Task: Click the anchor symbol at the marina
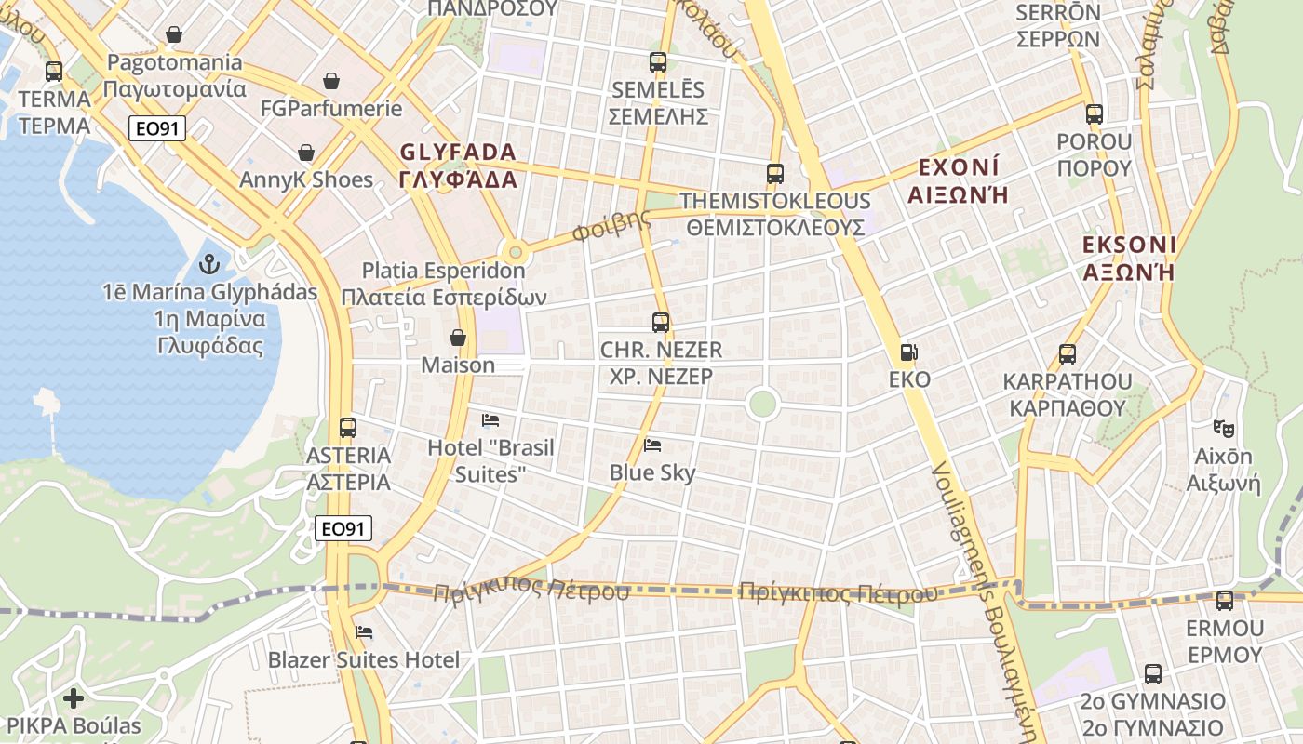[x=208, y=263]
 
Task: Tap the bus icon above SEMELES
[x=658, y=62]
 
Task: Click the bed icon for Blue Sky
[x=652, y=445]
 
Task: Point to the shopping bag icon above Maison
[x=457, y=337]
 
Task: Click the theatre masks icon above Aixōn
[x=1223, y=429]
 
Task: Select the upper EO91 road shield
[x=157, y=128]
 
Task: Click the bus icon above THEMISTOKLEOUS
[x=774, y=173]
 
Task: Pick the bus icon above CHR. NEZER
[x=661, y=323]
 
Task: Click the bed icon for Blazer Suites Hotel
[x=364, y=632]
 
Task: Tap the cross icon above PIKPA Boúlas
[x=74, y=697]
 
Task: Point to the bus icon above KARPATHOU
[x=1068, y=354]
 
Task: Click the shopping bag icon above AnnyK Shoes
[x=306, y=153]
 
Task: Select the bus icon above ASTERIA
[x=348, y=428]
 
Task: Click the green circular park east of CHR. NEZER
[x=762, y=404]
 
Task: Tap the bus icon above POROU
[x=1095, y=114]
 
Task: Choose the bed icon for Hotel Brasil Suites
[x=490, y=420]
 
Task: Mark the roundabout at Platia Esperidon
[x=514, y=251]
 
